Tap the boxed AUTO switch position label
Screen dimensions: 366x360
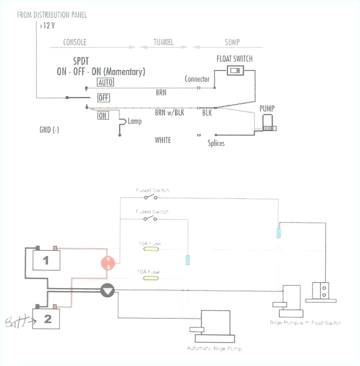[105, 82]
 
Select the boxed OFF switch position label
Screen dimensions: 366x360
[103, 98]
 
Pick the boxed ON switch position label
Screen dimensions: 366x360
[103, 115]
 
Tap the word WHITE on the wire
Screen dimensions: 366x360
[162, 140]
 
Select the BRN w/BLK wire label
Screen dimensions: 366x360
[169, 113]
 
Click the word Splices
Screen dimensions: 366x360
[216, 143]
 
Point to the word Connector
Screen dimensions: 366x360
[197, 79]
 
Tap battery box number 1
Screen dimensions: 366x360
[46, 260]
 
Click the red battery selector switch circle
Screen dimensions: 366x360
[108, 263]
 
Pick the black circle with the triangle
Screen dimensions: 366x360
[108, 290]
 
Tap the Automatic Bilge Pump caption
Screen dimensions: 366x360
[214, 348]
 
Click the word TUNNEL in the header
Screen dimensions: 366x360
[162, 42]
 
